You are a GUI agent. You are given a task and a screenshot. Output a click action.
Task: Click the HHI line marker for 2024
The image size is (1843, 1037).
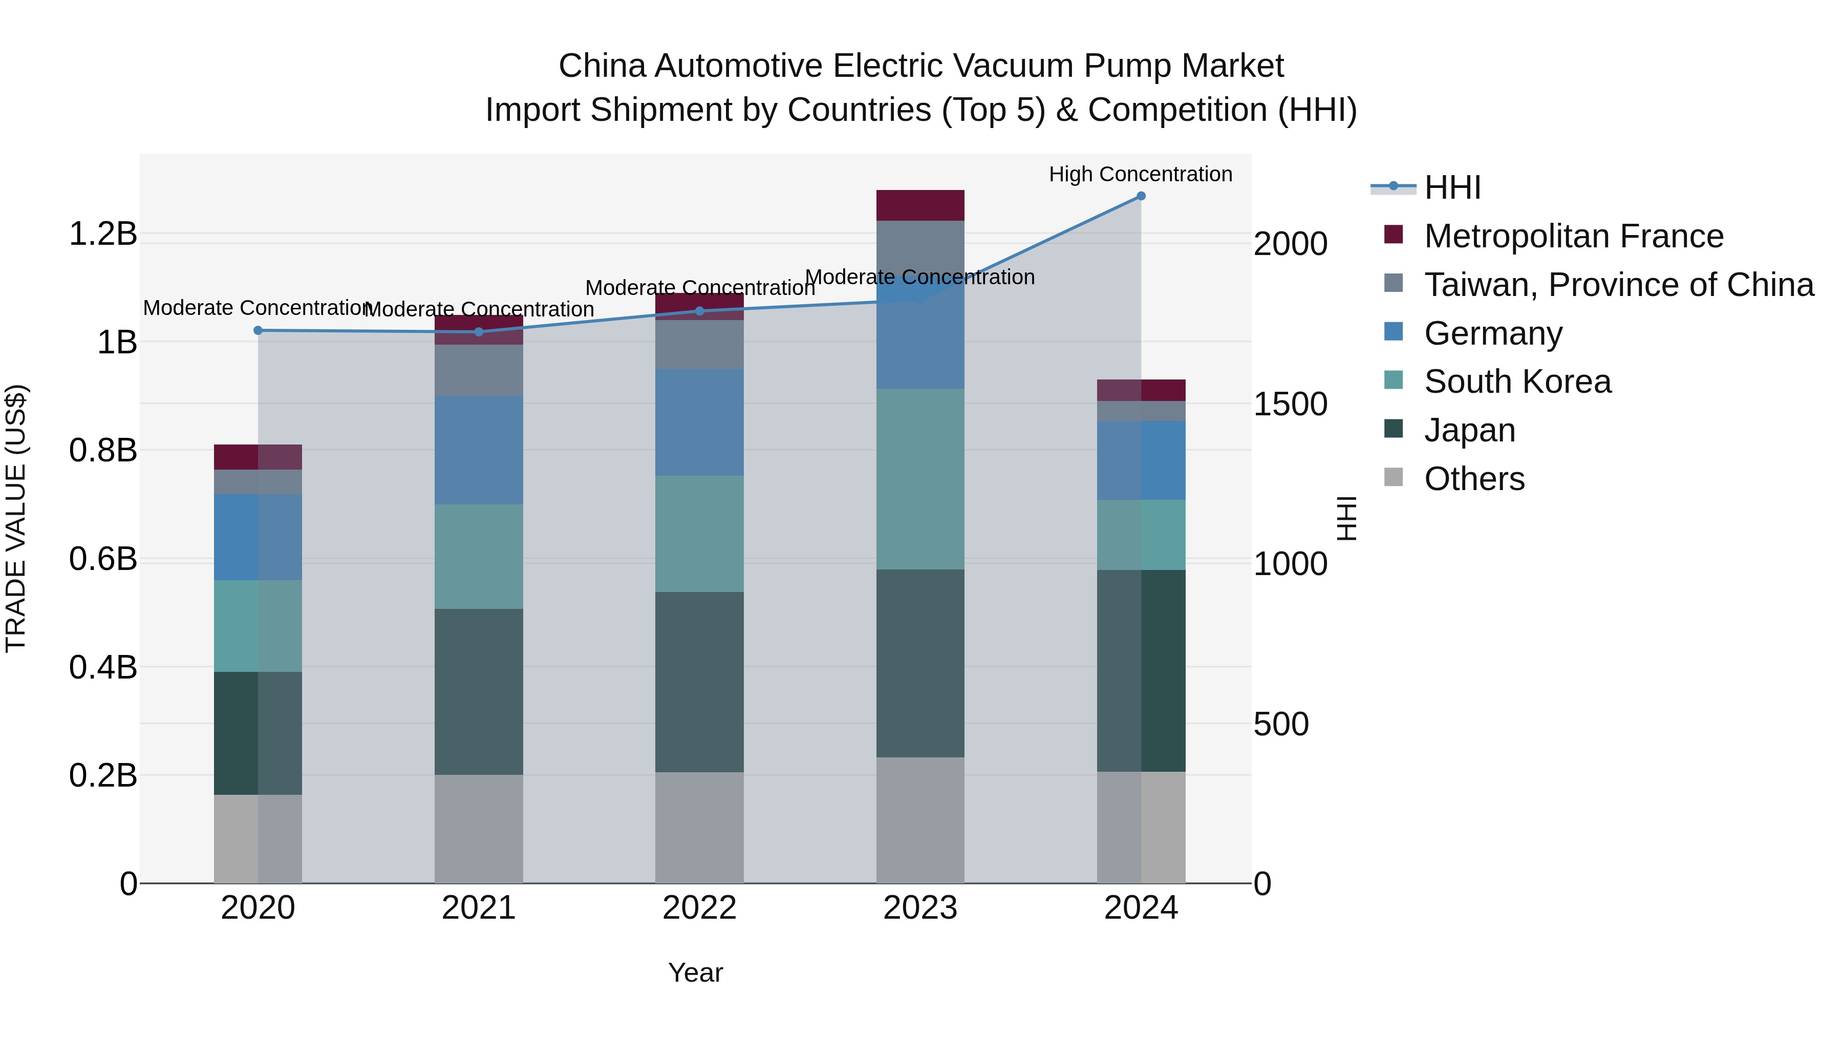pyautogui.click(x=1141, y=196)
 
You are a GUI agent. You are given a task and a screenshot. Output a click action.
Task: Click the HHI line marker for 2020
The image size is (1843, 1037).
pyautogui.click(x=259, y=331)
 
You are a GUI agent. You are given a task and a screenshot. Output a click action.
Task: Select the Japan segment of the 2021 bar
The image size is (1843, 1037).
pyautogui.click(x=479, y=691)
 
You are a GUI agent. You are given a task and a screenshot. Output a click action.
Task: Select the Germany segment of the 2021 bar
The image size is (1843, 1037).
pyautogui.click(x=479, y=450)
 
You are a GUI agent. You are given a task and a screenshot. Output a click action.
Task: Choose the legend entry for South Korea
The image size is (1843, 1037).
pyautogui.click(x=1517, y=382)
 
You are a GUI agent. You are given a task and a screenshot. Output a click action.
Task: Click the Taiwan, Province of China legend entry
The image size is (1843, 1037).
pyautogui.click(x=1618, y=285)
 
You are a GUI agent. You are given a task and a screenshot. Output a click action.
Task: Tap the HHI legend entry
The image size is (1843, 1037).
pyautogui.click(x=1452, y=187)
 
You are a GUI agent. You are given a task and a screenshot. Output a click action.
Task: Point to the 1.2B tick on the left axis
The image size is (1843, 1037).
pyautogui.click(x=102, y=234)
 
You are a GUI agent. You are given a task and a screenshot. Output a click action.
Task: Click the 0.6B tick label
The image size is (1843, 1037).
pyautogui.click(x=102, y=559)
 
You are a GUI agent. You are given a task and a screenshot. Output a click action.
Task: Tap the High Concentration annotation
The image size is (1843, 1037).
pyautogui.click(x=1141, y=174)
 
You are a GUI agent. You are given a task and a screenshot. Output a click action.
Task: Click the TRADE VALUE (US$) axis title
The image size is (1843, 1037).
pyautogui.click(x=16, y=518)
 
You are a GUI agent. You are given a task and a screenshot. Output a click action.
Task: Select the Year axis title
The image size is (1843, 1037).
pyautogui.click(x=695, y=972)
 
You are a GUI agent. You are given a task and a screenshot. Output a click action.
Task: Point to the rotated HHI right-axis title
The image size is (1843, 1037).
pyautogui.click(x=1346, y=518)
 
